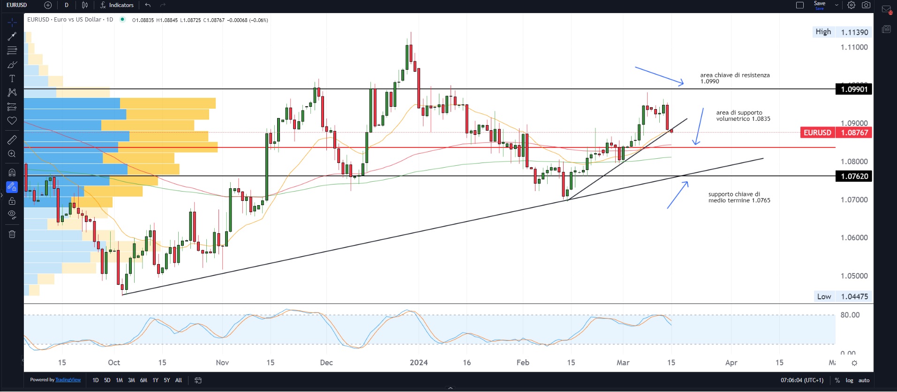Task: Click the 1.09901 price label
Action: [854, 89]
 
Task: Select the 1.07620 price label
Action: [854, 176]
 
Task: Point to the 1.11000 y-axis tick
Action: [854, 47]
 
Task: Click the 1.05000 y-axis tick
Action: [854, 276]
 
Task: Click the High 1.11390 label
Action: [842, 32]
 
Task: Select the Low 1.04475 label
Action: [842, 296]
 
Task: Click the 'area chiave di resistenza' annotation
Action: [735, 78]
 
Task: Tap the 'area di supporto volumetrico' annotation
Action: [743, 116]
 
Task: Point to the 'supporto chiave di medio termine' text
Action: [739, 197]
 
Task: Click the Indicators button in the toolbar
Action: [117, 5]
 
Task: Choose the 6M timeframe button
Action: [143, 380]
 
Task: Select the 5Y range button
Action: [167, 380]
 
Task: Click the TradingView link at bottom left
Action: [68, 380]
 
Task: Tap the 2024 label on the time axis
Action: [419, 362]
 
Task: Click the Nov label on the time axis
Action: [222, 362]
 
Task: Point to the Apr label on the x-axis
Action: [731, 362]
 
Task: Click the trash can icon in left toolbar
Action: [12, 234]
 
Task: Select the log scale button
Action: [849, 380]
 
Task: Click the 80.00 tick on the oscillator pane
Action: [850, 315]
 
